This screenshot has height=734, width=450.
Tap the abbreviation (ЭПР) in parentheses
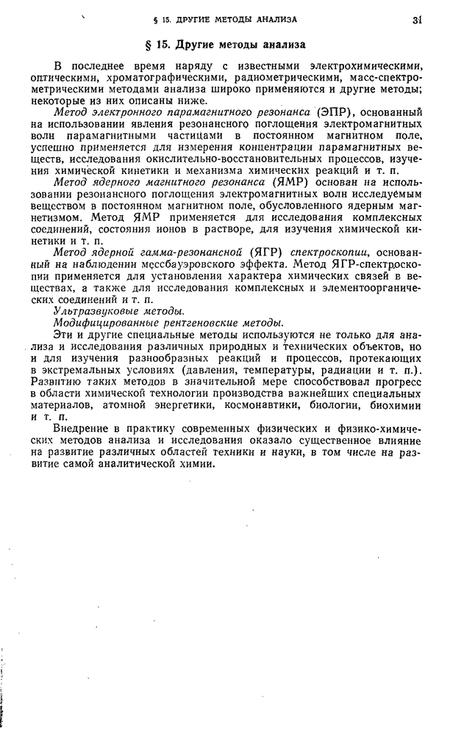tap(337, 112)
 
